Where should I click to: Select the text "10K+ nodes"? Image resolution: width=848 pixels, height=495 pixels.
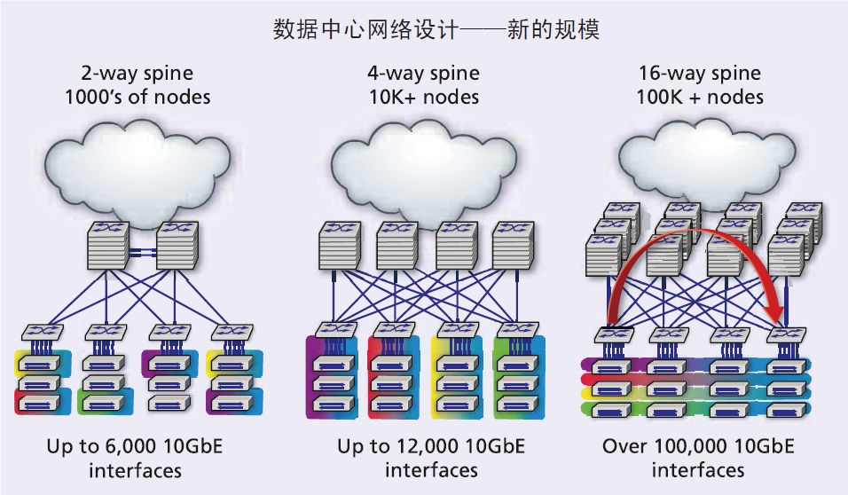[x=424, y=96]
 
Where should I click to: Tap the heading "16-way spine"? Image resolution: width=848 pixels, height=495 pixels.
[x=698, y=74]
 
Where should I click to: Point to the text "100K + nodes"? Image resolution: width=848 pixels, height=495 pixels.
[x=699, y=96]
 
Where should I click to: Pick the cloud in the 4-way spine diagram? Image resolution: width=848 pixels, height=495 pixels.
[x=423, y=169]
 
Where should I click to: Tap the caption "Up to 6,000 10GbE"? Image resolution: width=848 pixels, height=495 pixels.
[x=134, y=445]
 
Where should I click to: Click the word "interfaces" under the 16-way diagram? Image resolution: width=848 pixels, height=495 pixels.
[x=698, y=469]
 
